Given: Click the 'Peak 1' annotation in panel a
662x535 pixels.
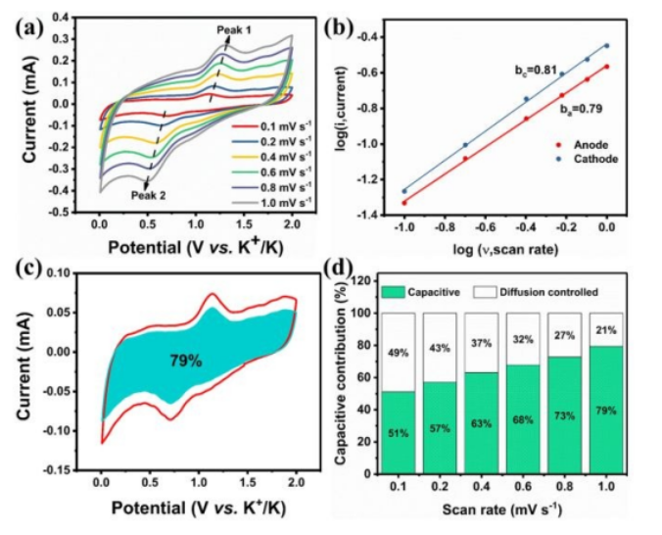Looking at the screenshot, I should pos(234,30).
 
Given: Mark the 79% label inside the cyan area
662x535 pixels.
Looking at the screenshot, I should pos(183,361).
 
